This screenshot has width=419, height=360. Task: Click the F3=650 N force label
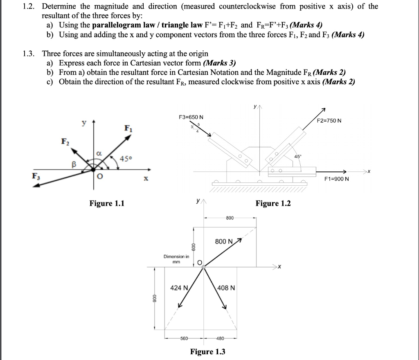191,118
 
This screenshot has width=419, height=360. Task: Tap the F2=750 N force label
329,121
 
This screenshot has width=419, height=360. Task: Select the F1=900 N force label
336,179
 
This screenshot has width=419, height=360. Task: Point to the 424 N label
179,288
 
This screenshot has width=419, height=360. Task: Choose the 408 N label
226,288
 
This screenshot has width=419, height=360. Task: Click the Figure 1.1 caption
107,203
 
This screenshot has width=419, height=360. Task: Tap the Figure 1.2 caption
273,203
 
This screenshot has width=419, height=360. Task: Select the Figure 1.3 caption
208,351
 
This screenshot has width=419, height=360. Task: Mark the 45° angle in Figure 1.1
126,158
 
